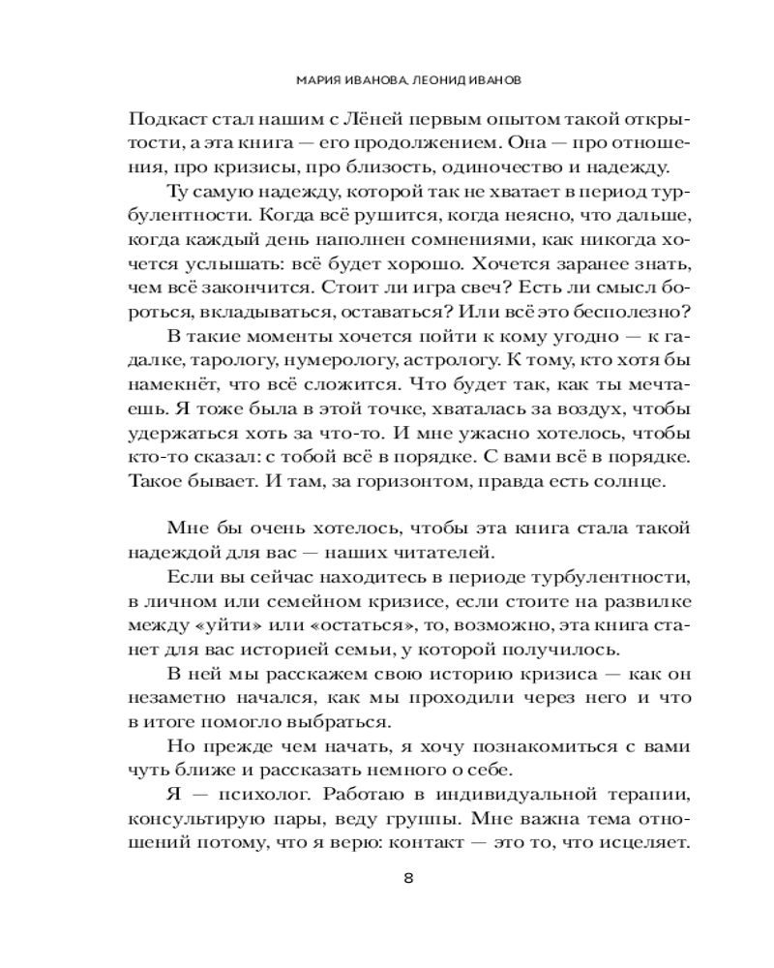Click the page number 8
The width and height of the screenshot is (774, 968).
point(408,878)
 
